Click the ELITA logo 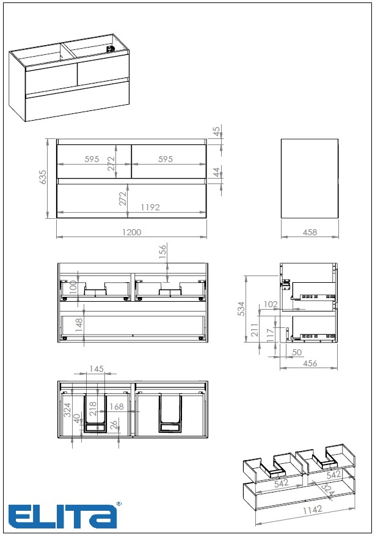click(x=62, y=516)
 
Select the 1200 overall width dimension click(x=132, y=232)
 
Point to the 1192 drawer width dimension click(x=150, y=207)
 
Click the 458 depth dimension click(x=310, y=232)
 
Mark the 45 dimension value click(x=216, y=131)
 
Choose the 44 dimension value click(x=216, y=172)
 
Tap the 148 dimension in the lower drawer click(x=79, y=324)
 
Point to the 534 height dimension click(x=241, y=308)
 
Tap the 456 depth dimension click(x=310, y=364)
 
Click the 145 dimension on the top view click(x=96, y=369)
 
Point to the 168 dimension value click(x=116, y=407)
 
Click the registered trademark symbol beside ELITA click(x=118, y=504)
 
